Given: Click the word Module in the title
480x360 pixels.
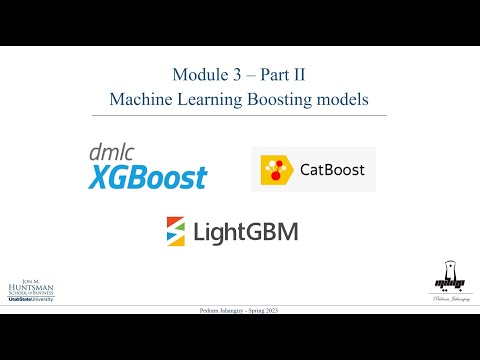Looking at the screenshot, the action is pos(197,75).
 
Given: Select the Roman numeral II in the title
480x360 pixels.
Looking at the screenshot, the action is pos(298,75).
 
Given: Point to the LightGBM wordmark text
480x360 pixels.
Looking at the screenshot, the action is pos(246,232).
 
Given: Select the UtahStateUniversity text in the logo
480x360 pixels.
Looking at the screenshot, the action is pos(31,300).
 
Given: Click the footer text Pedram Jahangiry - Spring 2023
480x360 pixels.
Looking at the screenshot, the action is pos(240,310).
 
